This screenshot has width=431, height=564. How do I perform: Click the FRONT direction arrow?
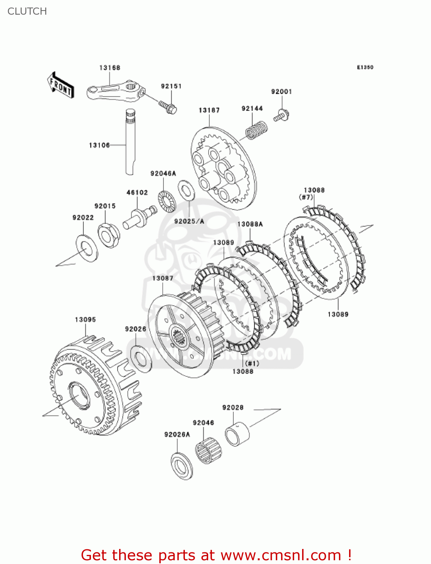(60, 85)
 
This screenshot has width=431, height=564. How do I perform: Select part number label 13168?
(110, 68)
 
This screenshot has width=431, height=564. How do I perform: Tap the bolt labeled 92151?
(168, 106)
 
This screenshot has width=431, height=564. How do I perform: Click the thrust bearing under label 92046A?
(166, 202)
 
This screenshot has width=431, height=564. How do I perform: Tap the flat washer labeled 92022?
(87, 248)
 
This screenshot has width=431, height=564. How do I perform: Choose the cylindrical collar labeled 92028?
(237, 434)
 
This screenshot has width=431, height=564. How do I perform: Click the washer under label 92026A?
(182, 466)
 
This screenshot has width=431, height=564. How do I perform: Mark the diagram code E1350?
(365, 67)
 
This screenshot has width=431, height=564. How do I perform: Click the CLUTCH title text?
(27, 11)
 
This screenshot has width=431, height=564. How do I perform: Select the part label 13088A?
(250, 224)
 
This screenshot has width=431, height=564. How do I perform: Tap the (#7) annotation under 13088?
(306, 197)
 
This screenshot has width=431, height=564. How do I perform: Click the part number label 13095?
(85, 320)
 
